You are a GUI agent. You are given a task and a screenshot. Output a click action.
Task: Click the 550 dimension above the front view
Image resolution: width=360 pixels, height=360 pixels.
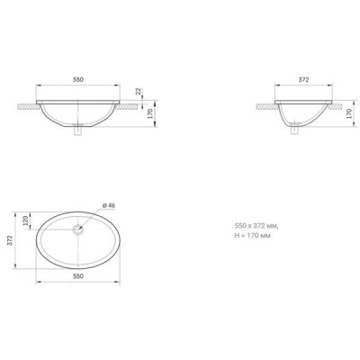click(78, 80)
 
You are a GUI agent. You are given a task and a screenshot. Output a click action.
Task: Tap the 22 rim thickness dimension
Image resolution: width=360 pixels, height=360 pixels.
click(139, 92)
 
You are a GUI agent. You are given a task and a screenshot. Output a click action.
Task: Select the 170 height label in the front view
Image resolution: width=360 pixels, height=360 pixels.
click(150, 113)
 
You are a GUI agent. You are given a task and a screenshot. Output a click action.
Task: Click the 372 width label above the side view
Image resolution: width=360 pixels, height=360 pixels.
click(303, 80)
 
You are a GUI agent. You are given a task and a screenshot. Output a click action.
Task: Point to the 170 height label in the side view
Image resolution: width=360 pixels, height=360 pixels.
click(349, 113)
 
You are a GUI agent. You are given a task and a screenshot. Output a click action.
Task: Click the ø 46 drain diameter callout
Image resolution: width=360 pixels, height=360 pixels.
click(109, 205)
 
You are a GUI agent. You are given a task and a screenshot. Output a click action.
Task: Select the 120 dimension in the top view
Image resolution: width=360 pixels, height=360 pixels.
click(25, 220)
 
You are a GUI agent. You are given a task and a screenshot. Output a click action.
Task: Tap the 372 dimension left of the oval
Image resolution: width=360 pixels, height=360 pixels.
click(10, 240)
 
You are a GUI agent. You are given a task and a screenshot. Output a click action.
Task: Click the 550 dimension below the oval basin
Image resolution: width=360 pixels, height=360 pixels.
click(78, 276)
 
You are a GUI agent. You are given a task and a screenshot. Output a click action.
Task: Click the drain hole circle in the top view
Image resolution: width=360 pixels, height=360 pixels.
click(78, 229)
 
